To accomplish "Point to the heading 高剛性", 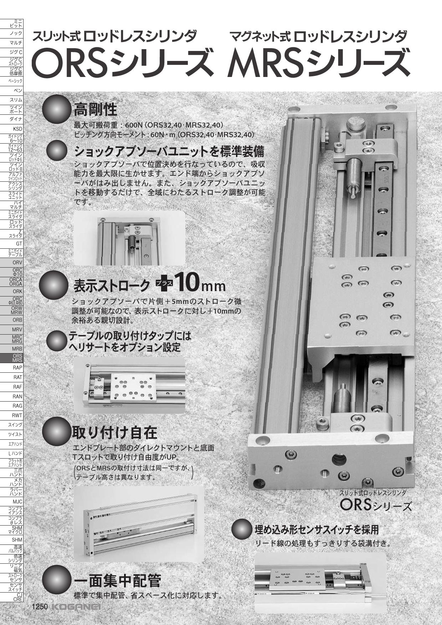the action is (95, 109).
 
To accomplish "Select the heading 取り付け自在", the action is (114, 433).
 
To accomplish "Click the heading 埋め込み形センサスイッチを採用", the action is (317, 530).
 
